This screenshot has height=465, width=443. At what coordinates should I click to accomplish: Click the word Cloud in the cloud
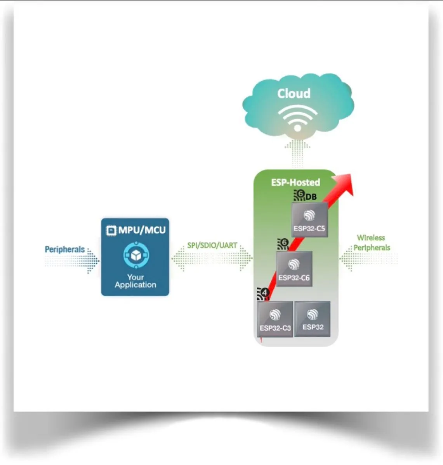coord(294,93)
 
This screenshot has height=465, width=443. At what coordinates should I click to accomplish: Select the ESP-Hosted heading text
coord(295,182)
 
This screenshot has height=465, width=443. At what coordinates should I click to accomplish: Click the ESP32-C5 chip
coord(309,219)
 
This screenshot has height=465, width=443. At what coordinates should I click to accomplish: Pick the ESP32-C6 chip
coord(294,269)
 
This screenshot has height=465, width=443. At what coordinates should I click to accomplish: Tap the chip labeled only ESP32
coord(313,319)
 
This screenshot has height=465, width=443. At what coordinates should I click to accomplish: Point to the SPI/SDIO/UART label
coord(212,245)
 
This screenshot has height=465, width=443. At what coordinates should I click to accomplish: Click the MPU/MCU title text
coord(142,230)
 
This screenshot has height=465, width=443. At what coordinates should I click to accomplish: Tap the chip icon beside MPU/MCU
coord(111,230)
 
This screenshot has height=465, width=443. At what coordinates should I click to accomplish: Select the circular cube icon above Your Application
coord(136,255)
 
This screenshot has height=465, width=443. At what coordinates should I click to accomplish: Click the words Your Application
coord(136,281)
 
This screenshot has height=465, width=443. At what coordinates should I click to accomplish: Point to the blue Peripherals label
coord(64,249)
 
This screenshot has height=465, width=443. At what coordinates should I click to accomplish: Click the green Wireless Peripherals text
coord(371,243)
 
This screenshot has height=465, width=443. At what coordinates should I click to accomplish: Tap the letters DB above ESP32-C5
coord(311,197)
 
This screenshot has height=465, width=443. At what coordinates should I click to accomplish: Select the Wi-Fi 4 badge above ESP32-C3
coord(263,294)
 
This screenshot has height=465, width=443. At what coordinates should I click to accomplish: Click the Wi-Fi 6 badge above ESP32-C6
coord(283,244)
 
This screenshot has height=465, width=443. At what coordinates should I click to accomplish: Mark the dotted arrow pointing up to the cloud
coord(297,153)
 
